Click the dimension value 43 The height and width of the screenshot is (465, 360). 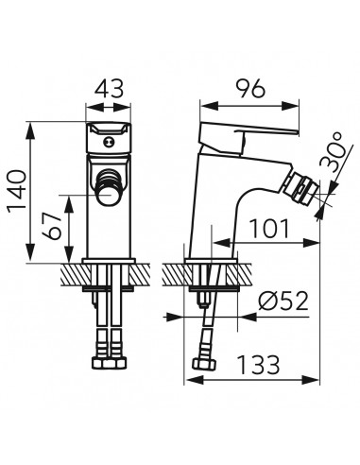tap(109, 89)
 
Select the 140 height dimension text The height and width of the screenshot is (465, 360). tap(17, 192)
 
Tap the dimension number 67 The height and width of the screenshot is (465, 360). tap(52, 226)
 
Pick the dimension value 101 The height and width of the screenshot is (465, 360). tap(269, 228)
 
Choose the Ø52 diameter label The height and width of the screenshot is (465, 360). tap(283, 301)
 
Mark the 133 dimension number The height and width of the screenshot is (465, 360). tap(258, 365)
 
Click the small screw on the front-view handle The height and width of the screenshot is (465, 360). tap(109, 143)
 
